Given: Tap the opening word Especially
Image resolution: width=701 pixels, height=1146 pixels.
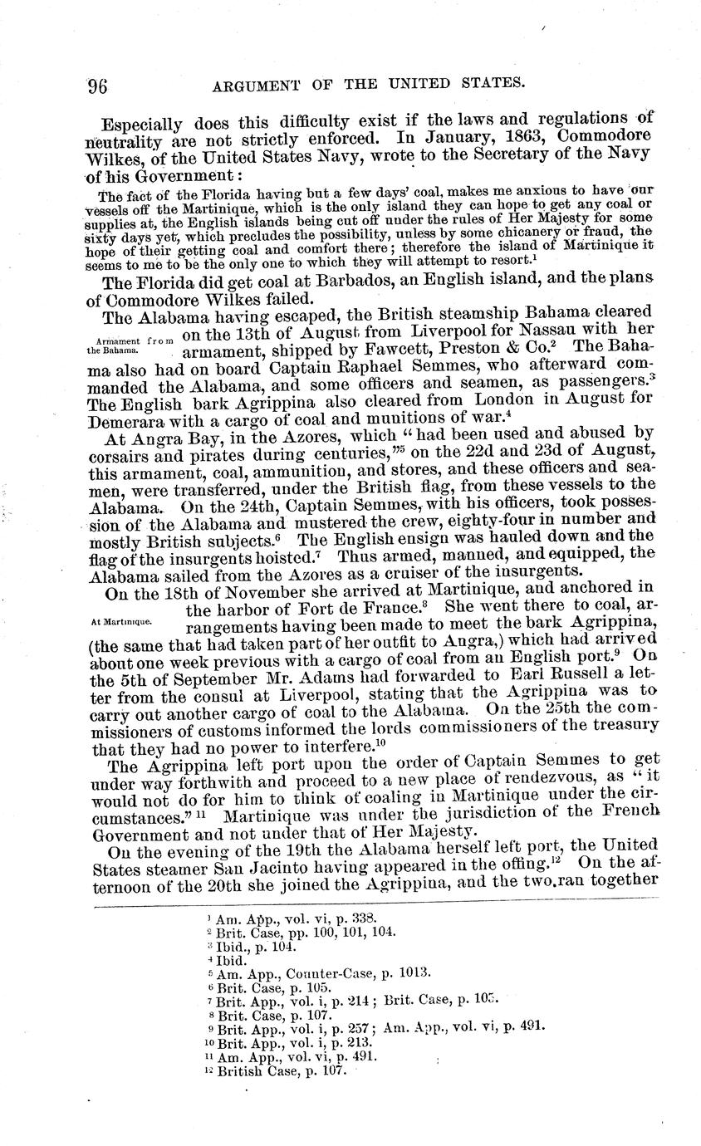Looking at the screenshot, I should [x=142, y=125].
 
